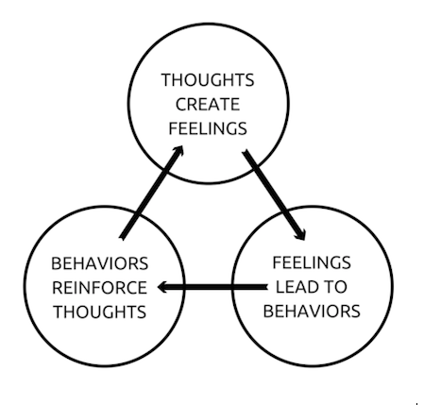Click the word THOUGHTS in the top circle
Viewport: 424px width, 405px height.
click(208, 80)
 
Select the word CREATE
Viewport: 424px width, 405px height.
click(208, 104)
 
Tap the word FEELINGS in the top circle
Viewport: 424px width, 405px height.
click(208, 128)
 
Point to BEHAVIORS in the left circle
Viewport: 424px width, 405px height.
click(99, 263)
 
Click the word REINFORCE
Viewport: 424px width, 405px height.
click(99, 288)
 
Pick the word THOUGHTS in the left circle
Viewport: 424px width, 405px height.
click(100, 312)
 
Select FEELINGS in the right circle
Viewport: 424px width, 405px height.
click(312, 262)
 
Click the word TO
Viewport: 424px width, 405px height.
click(336, 287)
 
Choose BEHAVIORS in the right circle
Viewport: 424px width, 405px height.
click(312, 311)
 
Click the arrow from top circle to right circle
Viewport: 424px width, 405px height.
click(274, 195)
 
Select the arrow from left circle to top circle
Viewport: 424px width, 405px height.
click(151, 193)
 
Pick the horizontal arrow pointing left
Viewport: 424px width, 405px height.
click(212, 287)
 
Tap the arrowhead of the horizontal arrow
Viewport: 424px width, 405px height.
click(161, 287)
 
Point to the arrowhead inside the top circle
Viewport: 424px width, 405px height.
click(179, 150)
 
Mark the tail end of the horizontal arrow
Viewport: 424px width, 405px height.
click(267, 287)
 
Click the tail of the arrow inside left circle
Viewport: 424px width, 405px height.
click(122, 238)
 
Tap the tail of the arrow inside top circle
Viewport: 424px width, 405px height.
click(245, 152)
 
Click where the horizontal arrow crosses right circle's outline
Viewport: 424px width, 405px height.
click(232, 287)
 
